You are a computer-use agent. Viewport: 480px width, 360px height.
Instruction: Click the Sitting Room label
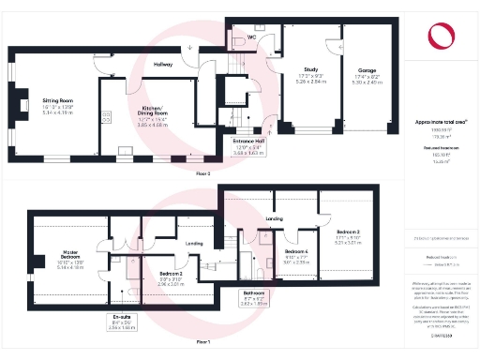[57, 98]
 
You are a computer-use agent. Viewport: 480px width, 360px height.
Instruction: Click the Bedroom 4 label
[297, 252]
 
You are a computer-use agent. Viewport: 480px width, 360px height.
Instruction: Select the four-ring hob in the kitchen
[107, 116]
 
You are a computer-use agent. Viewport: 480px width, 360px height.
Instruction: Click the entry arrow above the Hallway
[190, 46]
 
